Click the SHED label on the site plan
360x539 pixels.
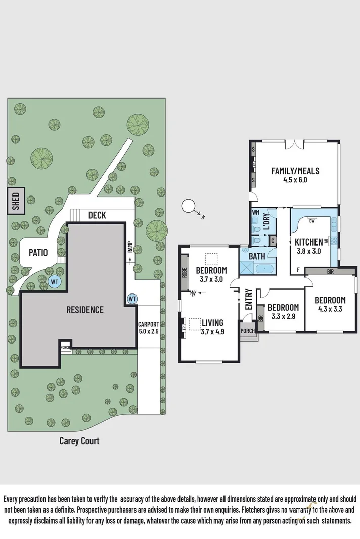tap(15, 201)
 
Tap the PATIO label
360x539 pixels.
tap(38, 252)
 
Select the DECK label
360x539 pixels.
tap(97, 215)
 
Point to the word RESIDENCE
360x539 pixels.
tap(85, 310)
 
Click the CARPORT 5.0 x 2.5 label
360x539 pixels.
tap(149, 328)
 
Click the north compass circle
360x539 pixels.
tap(189, 206)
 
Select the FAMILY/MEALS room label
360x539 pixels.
tap(295, 175)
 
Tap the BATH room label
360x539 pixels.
tap(257, 257)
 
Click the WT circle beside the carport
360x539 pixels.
tap(132, 299)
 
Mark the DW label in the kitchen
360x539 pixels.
tap(312, 221)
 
